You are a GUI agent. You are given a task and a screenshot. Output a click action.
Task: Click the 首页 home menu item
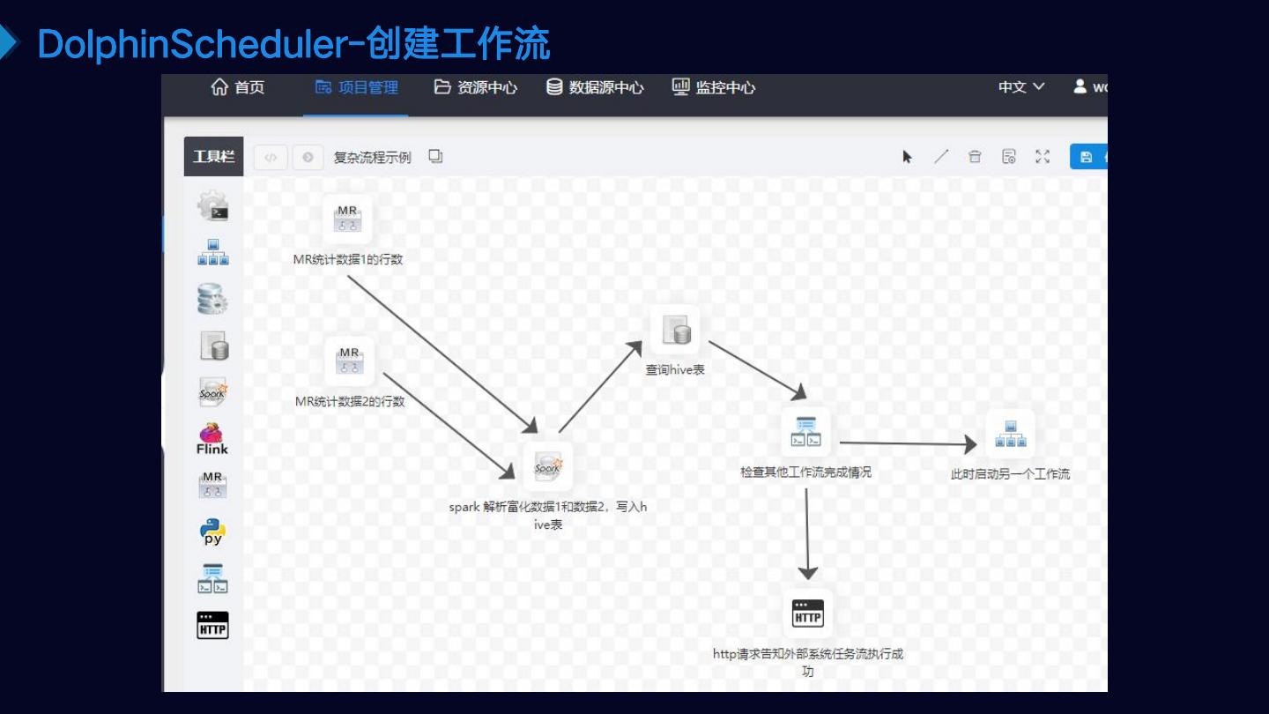coord(238,87)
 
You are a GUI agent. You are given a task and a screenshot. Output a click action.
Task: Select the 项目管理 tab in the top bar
coord(357,87)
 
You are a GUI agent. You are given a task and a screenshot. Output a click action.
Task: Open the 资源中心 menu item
coord(476,87)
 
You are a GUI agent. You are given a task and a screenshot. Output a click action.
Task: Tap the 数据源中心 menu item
coord(595,87)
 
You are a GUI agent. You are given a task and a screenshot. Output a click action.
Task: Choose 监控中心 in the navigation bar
coord(714,87)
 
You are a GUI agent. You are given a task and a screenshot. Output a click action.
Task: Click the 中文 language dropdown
coord(1021,87)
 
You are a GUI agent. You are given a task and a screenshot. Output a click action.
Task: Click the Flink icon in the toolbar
coord(211,438)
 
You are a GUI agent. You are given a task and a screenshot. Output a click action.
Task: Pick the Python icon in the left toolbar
coord(212,532)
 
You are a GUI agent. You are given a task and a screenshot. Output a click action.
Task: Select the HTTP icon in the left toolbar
coord(212,625)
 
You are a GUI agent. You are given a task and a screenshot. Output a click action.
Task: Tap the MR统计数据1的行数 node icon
coord(347,219)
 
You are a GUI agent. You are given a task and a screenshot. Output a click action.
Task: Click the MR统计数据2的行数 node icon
coord(349,361)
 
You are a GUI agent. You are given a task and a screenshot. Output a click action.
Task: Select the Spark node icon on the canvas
coord(547,467)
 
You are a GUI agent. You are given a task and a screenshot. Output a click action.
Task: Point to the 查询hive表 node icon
coord(675,331)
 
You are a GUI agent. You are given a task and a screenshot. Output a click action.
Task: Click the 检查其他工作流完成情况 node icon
coord(806,431)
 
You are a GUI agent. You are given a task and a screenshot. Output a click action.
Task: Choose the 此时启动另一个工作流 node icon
coord(1010,434)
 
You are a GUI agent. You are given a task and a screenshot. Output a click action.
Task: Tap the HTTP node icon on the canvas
coord(808,614)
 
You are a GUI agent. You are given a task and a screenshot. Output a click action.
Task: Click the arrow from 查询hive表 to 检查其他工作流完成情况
coord(756,370)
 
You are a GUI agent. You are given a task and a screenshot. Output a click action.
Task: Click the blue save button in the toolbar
coord(1087,157)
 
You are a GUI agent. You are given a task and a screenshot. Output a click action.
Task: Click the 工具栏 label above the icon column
coord(214,157)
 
